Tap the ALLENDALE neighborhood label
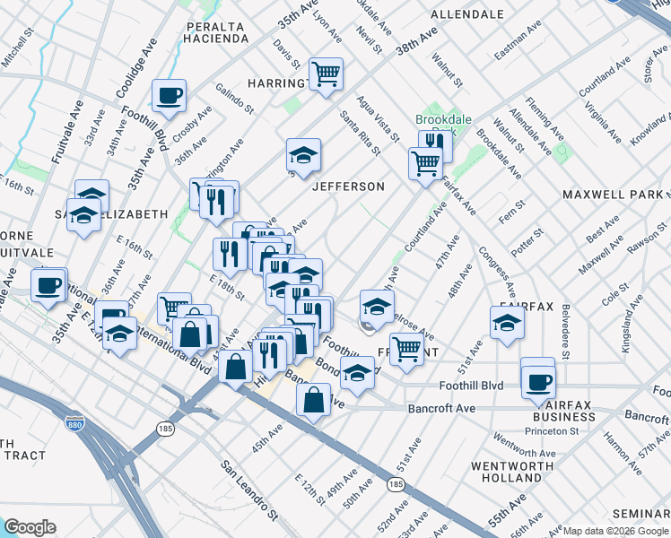[466, 15]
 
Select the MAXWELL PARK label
[613, 195]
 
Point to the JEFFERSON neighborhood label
[348, 187]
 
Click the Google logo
[30, 527]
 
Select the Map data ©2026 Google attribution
[615, 531]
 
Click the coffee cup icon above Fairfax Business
[538, 380]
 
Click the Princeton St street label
[553, 431]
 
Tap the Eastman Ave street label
[518, 40]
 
